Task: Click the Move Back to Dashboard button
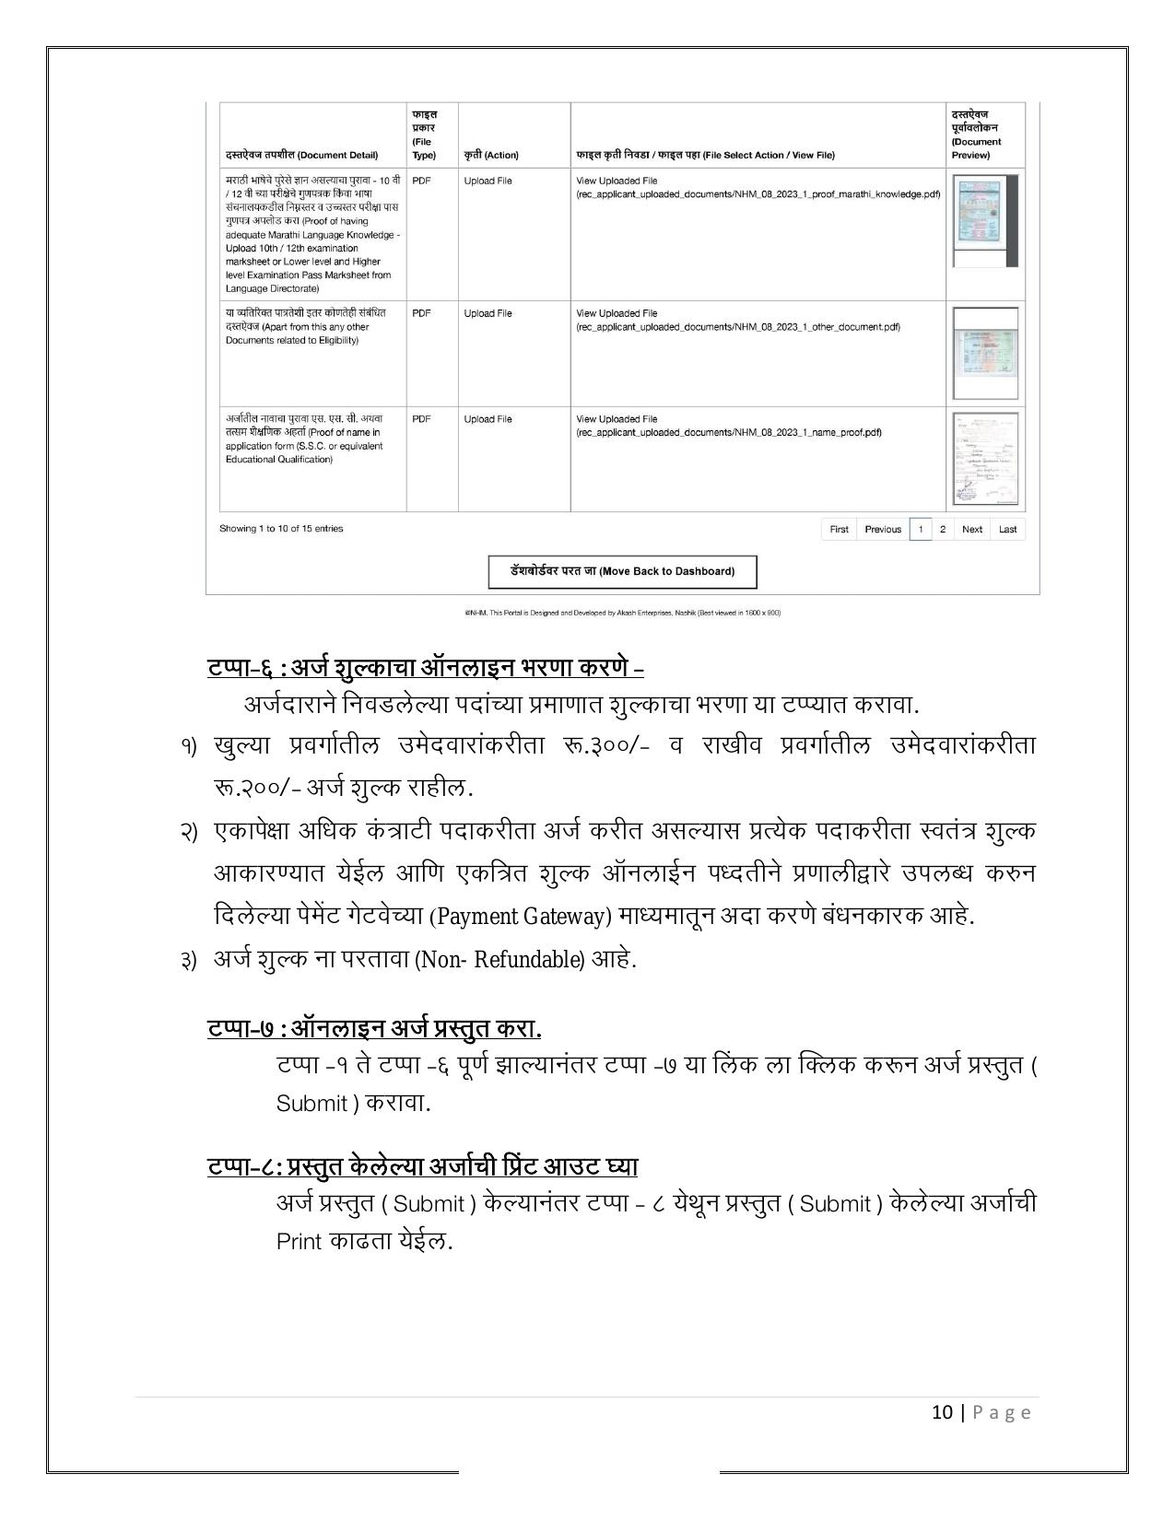[622, 571]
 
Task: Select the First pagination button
[839, 529]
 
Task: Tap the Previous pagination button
[883, 529]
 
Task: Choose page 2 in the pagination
[942, 529]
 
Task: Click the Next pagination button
[971, 529]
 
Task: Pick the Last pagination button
[1007, 529]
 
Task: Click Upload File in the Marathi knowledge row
[488, 181]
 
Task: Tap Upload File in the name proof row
[488, 419]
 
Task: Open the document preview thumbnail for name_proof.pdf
[985, 459]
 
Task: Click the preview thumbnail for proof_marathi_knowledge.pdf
[982, 219]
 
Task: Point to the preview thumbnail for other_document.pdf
[985, 353]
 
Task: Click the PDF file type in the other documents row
[421, 313]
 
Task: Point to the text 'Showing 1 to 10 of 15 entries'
[281, 529]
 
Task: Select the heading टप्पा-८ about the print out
[422, 1166]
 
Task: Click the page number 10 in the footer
[942, 1412]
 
